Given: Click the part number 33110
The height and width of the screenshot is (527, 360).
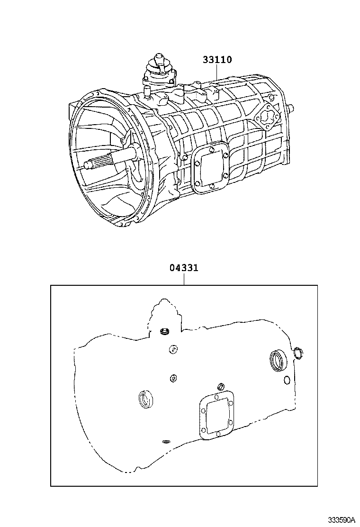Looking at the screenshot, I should click(x=217, y=60).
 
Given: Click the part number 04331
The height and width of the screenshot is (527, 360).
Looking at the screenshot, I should click(x=184, y=268).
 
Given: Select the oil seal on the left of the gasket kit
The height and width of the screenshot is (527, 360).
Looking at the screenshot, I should click(x=145, y=399).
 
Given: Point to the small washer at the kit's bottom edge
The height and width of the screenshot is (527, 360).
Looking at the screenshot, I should click(x=166, y=442).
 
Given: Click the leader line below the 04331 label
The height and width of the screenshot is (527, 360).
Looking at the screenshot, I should click(x=184, y=279).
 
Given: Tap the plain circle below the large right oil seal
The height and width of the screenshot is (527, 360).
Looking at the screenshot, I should click(x=287, y=380).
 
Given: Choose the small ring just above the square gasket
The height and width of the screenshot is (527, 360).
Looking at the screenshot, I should click(x=220, y=385).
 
